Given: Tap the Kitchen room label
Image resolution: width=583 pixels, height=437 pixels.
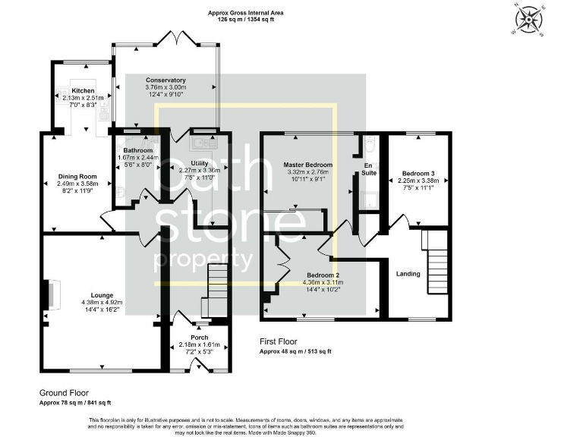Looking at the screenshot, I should (x=83, y=90).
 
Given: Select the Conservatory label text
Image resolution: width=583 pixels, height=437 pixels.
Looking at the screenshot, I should (x=165, y=80).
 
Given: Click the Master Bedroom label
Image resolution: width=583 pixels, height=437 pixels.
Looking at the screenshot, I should (x=307, y=165).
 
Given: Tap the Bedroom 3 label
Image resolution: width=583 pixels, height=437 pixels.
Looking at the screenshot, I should (x=418, y=173).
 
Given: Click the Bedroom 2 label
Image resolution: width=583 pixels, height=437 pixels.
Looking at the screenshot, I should (x=323, y=275).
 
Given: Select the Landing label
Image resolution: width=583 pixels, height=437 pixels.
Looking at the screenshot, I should (x=408, y=273).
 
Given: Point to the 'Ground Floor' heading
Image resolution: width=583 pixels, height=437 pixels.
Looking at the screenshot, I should (x=65, y=392).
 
